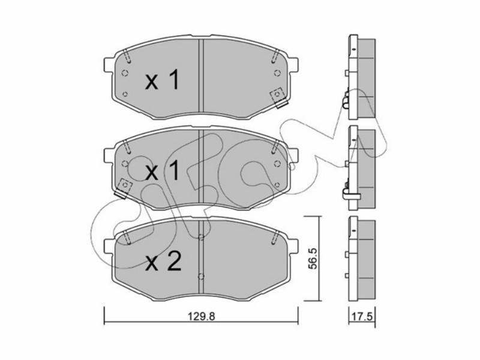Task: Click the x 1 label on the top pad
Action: point(162,80)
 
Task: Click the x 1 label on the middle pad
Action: point(162,171)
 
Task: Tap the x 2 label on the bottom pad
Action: point(163,262)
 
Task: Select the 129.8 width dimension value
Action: point(202,316)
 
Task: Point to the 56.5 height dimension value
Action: point(313,259)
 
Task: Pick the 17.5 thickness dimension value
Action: point(362,316)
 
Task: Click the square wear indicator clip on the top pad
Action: point(278,97)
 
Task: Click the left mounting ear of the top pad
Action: point(109,65)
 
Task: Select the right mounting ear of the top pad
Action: point(293,65)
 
